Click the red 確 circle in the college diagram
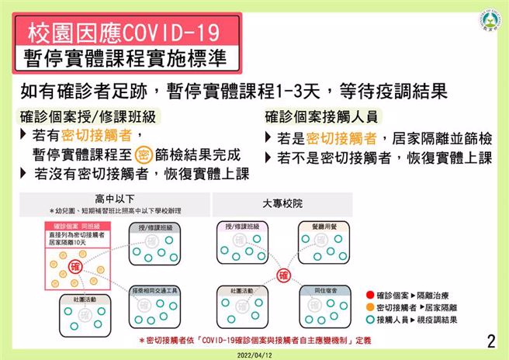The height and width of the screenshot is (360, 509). click(284, 275)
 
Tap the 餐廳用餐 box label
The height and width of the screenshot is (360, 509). click(320, 226)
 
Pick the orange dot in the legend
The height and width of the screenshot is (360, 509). click(369, 307)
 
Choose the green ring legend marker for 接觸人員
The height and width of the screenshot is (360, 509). click(369, 320)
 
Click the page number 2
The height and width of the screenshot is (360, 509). click(490, 341)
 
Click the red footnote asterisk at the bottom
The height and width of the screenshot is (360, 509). click(140, 341)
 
